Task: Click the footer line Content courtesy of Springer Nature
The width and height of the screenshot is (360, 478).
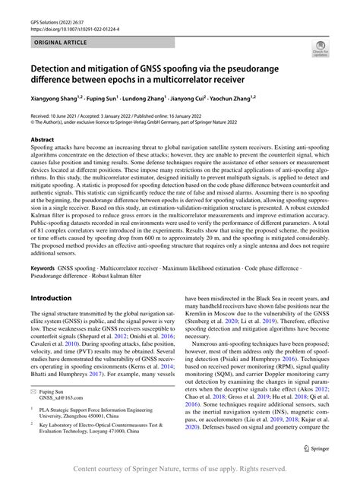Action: click(180, 469)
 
